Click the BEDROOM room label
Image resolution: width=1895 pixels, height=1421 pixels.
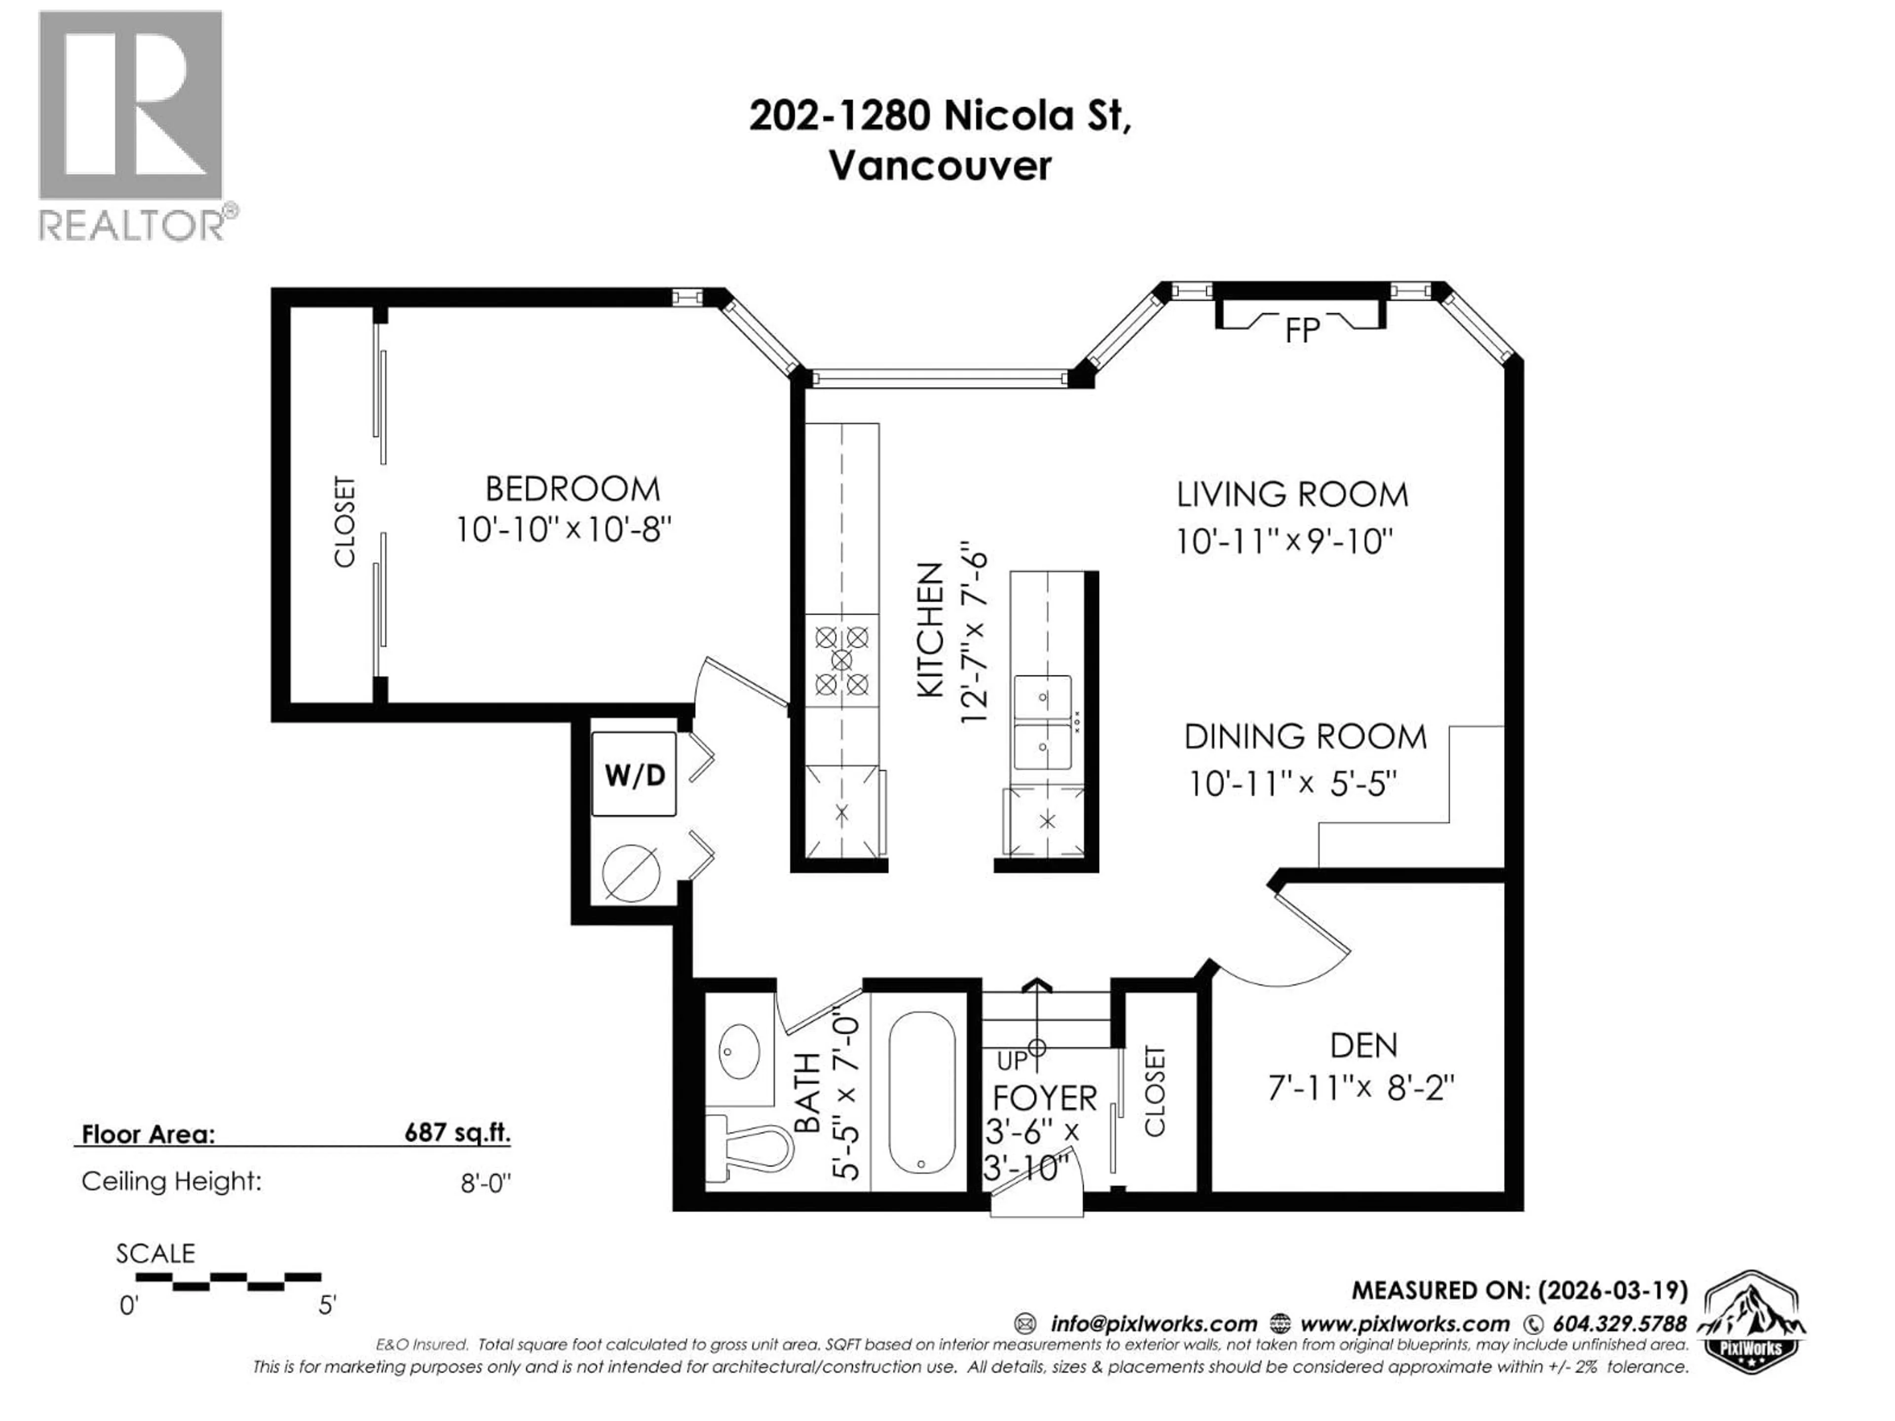572,489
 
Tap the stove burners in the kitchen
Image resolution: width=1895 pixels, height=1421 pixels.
842,660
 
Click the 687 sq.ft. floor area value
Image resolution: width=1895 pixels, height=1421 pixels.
457,1133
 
